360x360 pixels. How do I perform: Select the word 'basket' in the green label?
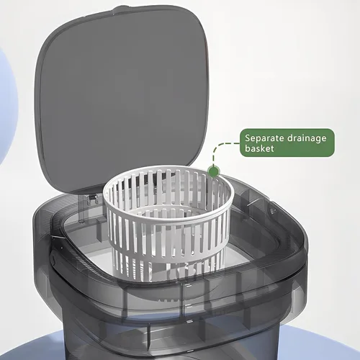(x=259, y=148)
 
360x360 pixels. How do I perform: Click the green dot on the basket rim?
(x=214, y=171)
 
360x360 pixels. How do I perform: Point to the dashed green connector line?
(x=218, y=146)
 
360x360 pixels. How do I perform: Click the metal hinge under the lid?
(x=93, y=199)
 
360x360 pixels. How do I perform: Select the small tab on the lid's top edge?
(x=120, y=9)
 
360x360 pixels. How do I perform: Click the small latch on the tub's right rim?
(x=272, y=211)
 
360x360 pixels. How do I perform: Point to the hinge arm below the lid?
(x=82, y=207)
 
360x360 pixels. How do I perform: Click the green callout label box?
(x=287, y=143)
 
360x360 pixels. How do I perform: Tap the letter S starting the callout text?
(x=248, y=138)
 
